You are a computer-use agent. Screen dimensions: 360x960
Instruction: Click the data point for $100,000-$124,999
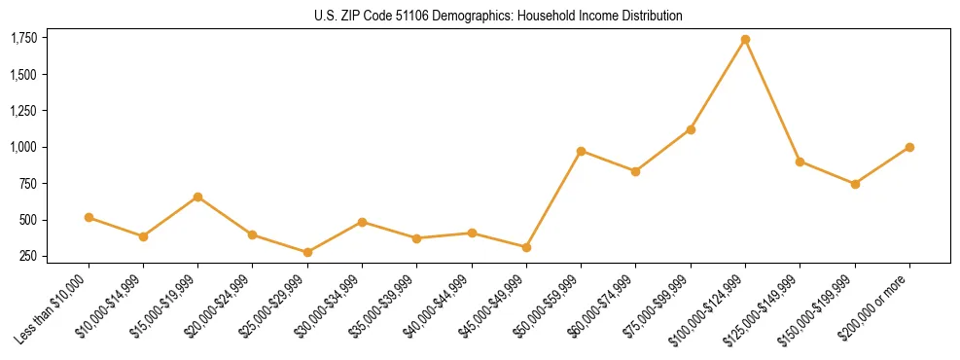tap(745, 40)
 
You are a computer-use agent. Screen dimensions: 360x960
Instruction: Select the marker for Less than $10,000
tap(89, 218)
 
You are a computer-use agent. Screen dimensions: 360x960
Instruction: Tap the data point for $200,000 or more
tap(909, 147)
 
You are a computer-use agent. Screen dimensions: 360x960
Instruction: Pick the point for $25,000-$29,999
tap(307, 252)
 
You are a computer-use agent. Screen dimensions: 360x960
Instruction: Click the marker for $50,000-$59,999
tap(581, 151)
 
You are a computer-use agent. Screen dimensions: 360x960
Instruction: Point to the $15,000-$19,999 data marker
tap(197, 197)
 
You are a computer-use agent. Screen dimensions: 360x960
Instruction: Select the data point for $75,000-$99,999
tap(691, 129)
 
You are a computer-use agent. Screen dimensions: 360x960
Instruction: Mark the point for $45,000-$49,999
tap(526, 247)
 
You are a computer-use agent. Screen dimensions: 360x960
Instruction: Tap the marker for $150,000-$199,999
tap(855, 184)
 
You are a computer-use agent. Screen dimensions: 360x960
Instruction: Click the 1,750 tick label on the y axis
tap(23, 38)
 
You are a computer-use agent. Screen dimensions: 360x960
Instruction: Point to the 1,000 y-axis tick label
tap(23, 147)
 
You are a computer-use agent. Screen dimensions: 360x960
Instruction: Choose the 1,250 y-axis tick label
tap(23, 111)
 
